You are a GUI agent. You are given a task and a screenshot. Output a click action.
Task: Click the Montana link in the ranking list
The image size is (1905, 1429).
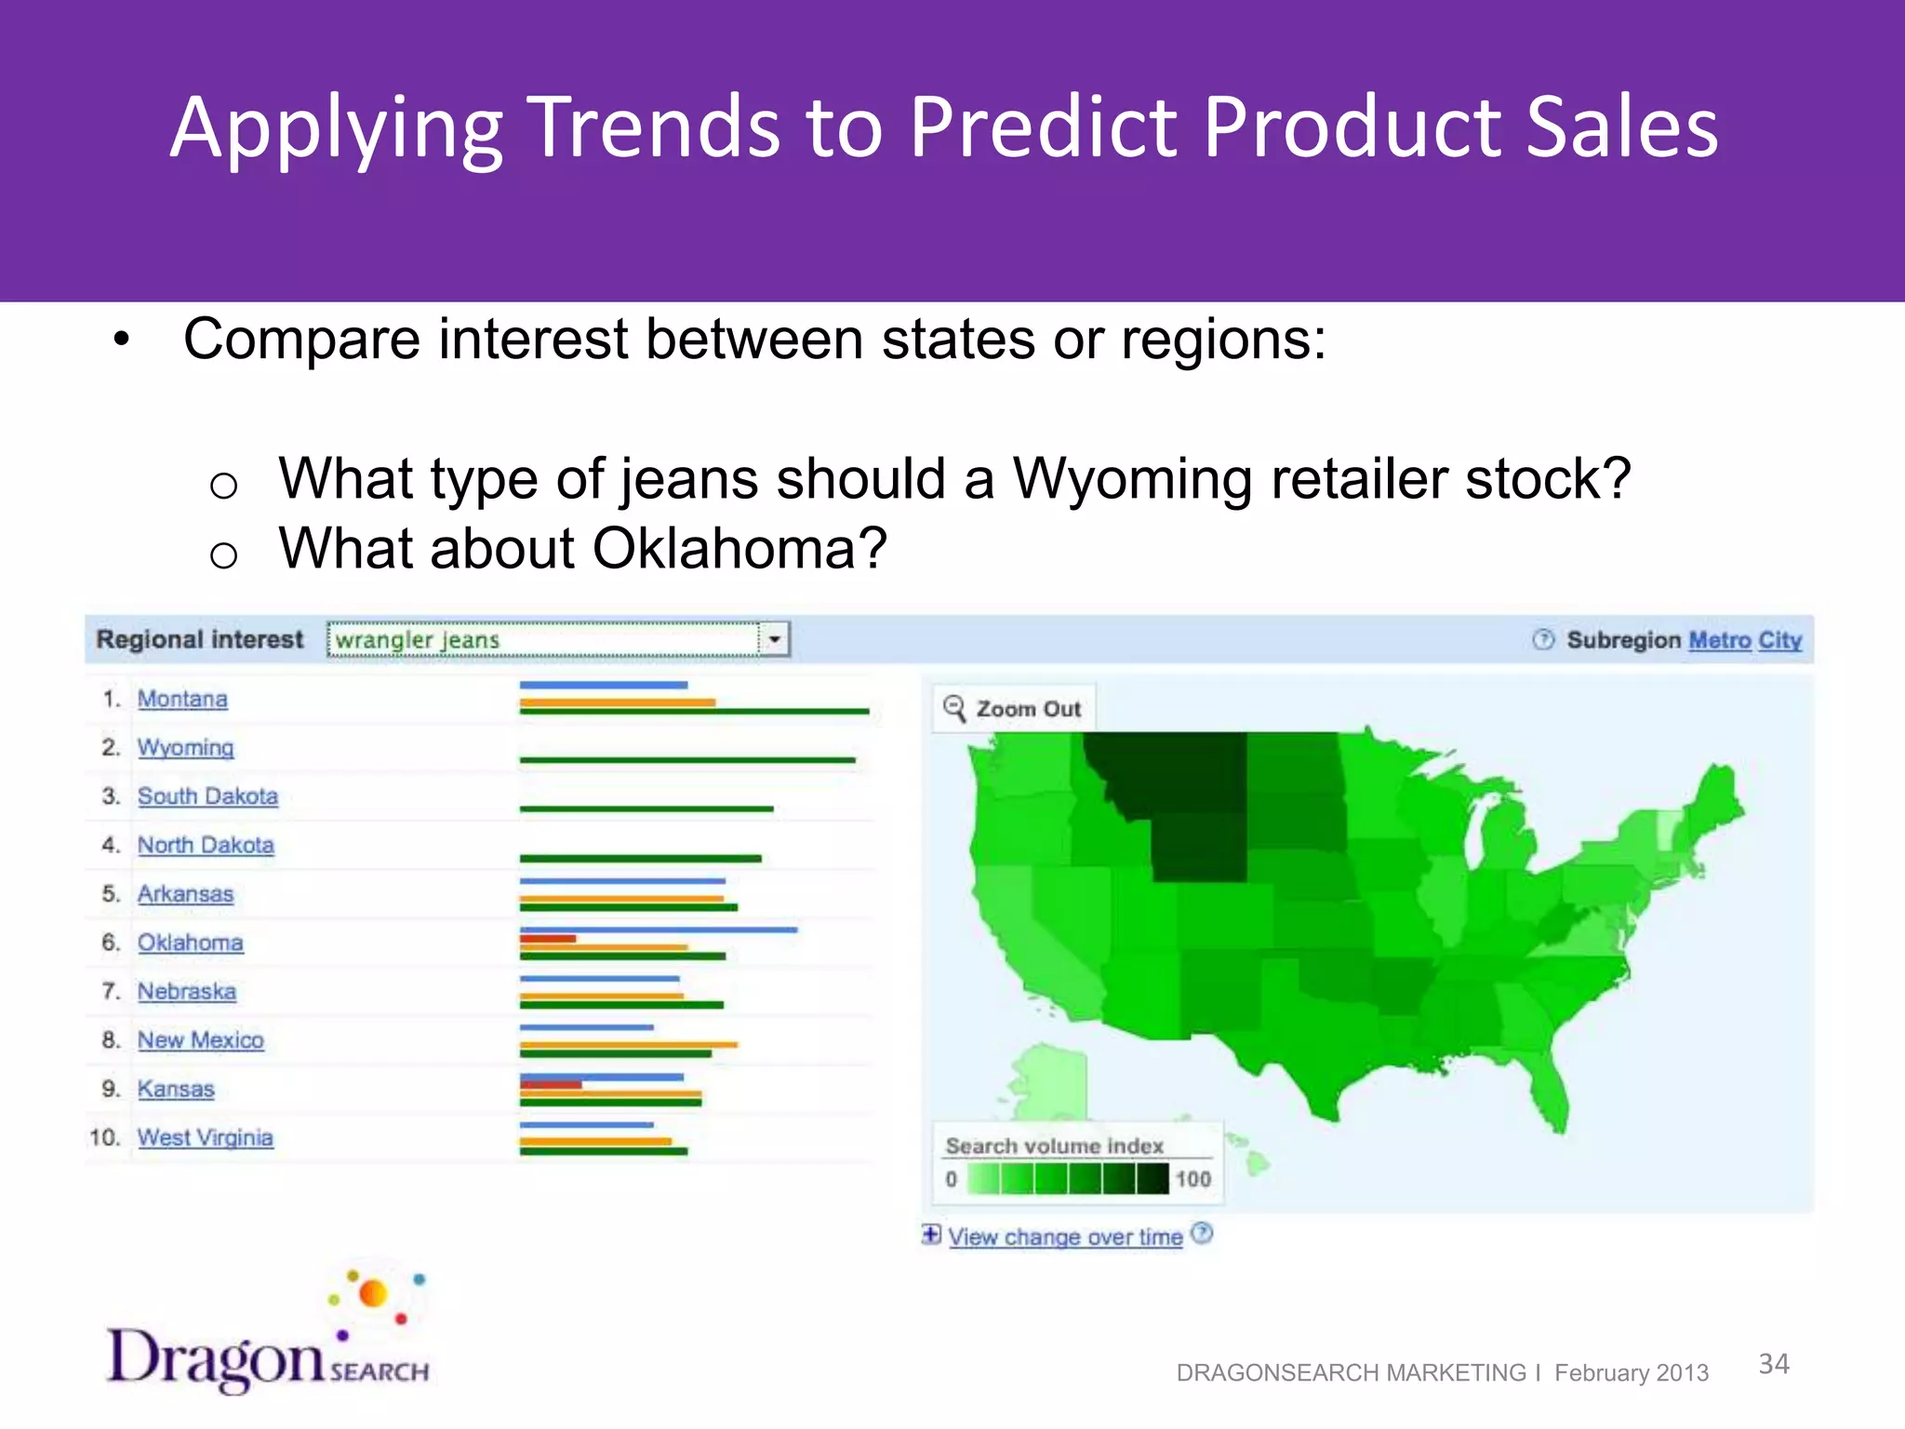point(182,699)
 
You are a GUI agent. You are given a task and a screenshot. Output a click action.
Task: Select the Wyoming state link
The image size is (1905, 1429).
point(185,748)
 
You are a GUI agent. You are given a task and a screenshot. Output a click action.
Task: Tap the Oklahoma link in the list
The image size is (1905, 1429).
point(190,942)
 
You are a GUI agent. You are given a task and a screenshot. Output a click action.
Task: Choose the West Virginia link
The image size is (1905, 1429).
point(205,1138)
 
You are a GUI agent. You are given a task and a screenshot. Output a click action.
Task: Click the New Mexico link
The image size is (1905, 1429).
point(200,1040)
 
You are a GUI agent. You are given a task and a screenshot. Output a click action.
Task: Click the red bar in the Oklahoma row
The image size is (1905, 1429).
point(548,939)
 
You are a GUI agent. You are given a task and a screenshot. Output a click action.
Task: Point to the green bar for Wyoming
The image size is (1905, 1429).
point(686,760)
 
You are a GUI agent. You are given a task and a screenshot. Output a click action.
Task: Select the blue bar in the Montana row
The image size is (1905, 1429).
point(603,685)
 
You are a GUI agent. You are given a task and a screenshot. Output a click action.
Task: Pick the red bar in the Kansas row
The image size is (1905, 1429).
point(551,1085)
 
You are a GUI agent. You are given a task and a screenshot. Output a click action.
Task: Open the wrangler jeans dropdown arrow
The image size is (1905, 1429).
point(774,640)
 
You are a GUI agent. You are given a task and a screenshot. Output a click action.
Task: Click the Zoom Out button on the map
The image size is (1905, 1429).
point(1014,709)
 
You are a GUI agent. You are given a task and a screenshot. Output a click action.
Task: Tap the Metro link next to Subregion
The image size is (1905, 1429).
point(1719,640)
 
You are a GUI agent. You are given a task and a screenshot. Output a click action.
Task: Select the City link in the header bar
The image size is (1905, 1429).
point(1779,640)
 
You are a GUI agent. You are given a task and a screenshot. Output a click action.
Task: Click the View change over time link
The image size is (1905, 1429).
point(1065,1236)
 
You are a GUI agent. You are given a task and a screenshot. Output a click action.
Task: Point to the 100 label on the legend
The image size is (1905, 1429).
point(1192,1179)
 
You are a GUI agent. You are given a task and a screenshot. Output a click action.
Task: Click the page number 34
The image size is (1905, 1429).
point(1773,1364)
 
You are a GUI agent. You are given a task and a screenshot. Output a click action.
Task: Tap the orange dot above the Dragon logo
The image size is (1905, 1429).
point(373,1293)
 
